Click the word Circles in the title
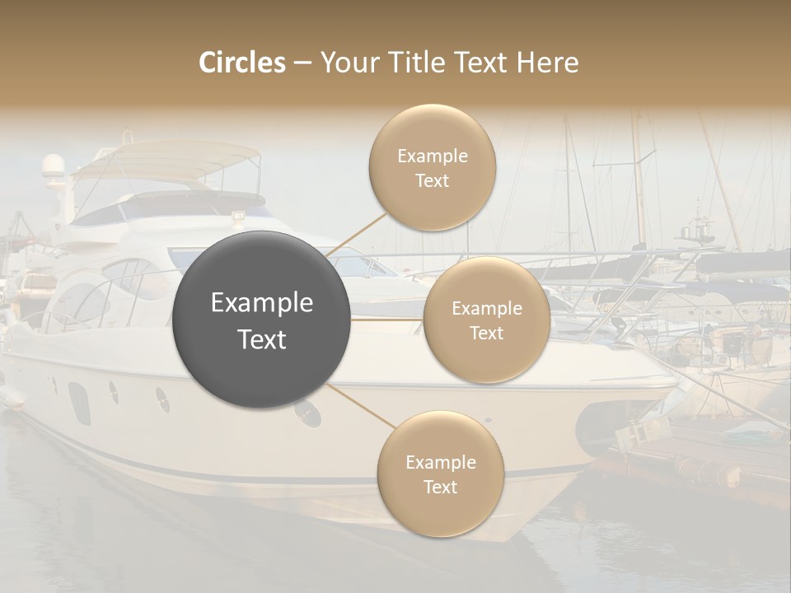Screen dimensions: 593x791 pyautogui.click(x=242, y=63)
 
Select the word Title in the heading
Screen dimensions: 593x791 pyautogui.click(x=413, y=63)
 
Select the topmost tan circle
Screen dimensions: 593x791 pyautogui.click(x=432, y=167)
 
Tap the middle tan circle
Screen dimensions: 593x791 pyautogui.click(x=486, y=320)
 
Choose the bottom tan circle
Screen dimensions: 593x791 pyautogui.click(x=440, y=474)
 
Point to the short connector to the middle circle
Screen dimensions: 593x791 pyautogui.click(x=387, y=319)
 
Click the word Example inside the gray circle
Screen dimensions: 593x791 pyautogui.click(x=262, y=303)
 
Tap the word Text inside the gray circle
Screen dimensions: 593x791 pyautogui.click(x=262, y=339)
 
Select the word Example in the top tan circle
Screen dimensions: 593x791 pyautogui.click(x=433, y=156)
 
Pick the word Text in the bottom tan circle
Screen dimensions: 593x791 pyautogui.click(x=440, y=487)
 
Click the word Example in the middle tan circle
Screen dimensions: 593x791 pyautogui.click(x=487, y=308)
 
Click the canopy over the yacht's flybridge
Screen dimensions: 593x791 pyautogui.click(x=165, y=156)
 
